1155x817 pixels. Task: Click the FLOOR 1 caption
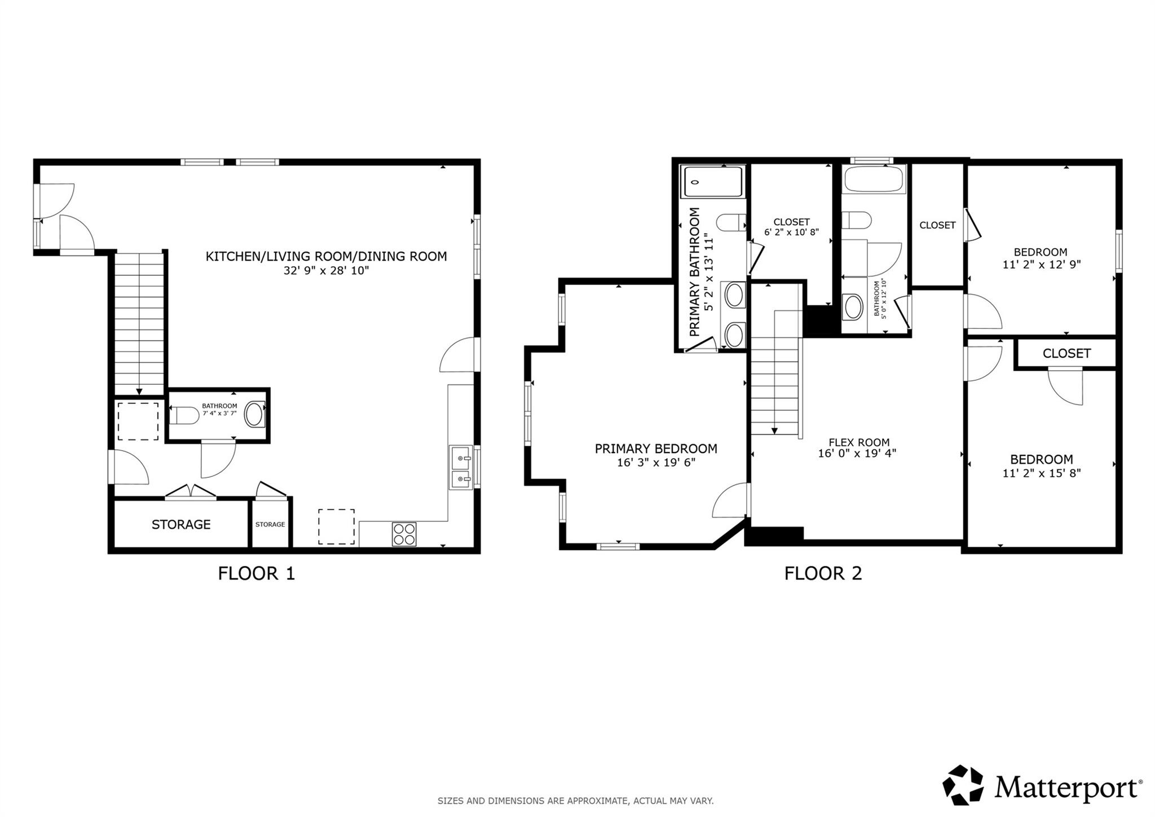(x=256, y=573)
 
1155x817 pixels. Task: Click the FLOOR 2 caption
(x=823, y=573)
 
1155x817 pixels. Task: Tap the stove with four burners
(x=404, y=534)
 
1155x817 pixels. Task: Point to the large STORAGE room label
(x=181, y=524)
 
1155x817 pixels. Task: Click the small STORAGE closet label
(x=270, y=524)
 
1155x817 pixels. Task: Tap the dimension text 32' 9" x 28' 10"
(x=326, y=271)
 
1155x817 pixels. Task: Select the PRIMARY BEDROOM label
(x=656, y=449)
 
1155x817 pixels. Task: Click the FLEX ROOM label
(x=859, y=442)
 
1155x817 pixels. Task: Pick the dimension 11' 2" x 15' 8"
(x=1041, y=473)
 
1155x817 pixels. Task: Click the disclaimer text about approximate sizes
(x=575, y=801)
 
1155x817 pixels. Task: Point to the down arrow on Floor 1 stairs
(x=139, y=391)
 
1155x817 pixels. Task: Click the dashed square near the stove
(x=336, y=526)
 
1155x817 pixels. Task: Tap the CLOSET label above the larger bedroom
(x=1066, y=353)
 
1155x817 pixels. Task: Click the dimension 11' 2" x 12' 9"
(x=1041, y=264)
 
